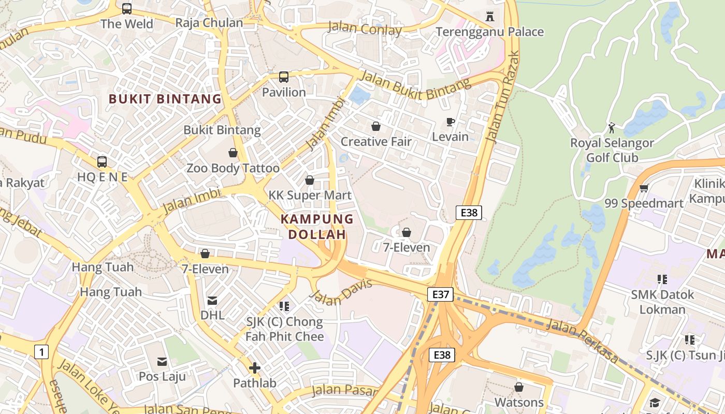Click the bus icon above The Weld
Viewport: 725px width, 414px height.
[127, 9]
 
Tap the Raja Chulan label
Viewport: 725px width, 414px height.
[209, 23]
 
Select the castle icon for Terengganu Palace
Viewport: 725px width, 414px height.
[490, 17]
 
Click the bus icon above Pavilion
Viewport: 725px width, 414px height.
[284, 77]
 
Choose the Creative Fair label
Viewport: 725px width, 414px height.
[376, 141]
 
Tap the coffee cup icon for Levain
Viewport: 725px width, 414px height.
[451, 122]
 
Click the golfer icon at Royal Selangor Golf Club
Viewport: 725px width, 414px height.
[612, 127]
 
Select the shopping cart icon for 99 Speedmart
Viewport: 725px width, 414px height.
[644, 188]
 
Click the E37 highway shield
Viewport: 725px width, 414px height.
[441, 294]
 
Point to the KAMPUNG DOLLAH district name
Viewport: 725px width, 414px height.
[317, 227]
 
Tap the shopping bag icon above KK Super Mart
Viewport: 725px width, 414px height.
[310, 180]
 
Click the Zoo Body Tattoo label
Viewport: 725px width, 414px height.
[233, 168]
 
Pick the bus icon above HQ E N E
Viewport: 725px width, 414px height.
[102, 161]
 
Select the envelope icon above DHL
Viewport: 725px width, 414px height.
[212, 301]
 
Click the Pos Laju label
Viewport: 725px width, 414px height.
[162, 376]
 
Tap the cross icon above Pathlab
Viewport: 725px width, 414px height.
[255, 368]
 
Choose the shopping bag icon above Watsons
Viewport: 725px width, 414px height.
[519, 387]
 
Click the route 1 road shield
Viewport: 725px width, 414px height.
[41, 352]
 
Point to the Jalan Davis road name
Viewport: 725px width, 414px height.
[341, 292]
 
